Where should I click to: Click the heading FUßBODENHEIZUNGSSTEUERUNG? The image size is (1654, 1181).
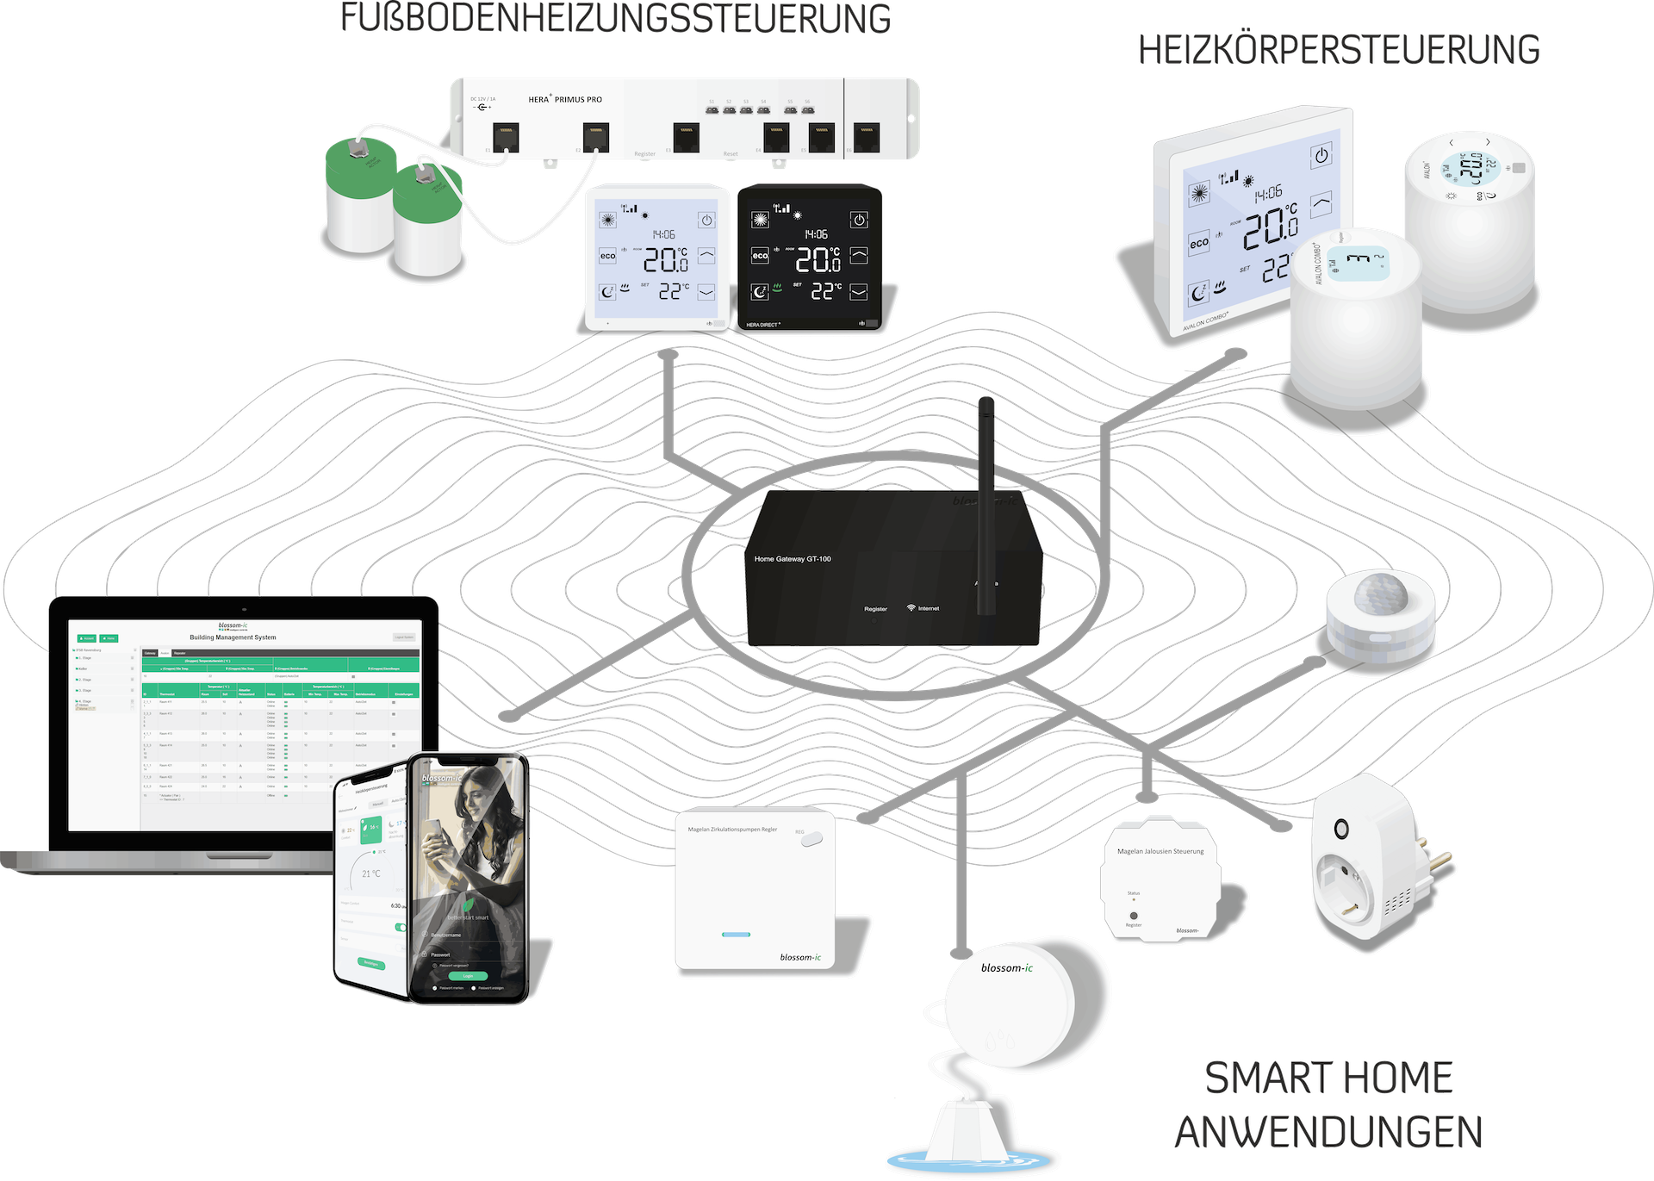click(x=615, y=19)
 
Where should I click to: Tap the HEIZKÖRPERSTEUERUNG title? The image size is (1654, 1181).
click(x=1339, y=51)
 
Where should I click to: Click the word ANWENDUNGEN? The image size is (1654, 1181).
click(x=1328, y=1132)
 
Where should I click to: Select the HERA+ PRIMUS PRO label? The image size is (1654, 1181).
click(x=565, y=100)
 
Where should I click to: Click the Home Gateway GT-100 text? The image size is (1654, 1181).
click(x=793, y=559)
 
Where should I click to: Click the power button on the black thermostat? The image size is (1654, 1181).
click(x=859, y=221)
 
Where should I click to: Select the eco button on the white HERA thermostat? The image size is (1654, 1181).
click(x=608, y=256)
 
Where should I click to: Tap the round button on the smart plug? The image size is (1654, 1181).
click(x=1341, y=830)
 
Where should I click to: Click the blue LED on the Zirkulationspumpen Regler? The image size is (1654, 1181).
click(x=736, y=935)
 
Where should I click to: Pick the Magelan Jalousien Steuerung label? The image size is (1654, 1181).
click(x=1160, y=851)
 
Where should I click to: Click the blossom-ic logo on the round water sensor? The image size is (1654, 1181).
click(x=1006, y=968)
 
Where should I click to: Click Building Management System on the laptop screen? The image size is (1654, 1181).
click(x=233, y=637)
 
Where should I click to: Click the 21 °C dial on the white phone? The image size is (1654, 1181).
click(x=371, y=873)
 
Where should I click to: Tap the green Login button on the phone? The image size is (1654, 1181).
click(x=468, y=976)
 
